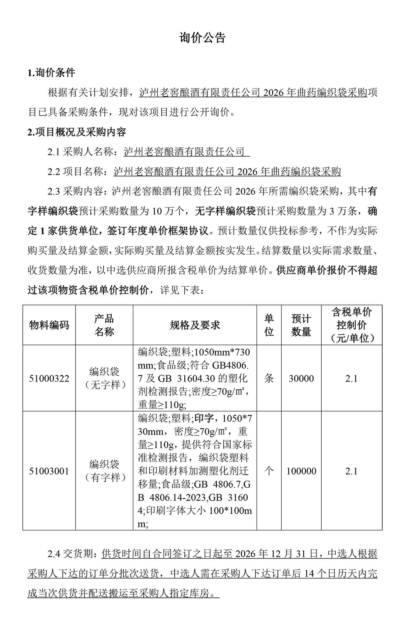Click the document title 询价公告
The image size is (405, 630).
point(202,38)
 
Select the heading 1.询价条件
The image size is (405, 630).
point(51,73)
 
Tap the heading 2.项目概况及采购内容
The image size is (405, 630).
point(77,132)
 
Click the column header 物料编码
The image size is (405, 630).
point(49,325)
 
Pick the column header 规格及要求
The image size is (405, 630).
point(195,325)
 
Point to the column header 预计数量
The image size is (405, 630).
point(301,325)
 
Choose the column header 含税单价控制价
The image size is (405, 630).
point(351,325)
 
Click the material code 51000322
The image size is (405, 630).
point(49,379)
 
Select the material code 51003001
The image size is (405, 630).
point(49,471)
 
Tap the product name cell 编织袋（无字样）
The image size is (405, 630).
point(104,379)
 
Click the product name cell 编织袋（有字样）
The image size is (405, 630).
point(104,471)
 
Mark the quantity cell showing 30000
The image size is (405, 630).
point(301,379)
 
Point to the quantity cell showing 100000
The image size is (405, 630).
point(301,471)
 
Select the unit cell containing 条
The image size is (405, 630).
point(269,379)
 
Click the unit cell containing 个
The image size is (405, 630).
point(269,471)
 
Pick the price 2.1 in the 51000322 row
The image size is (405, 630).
point(351,379)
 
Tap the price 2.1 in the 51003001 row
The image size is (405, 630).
point(351,471)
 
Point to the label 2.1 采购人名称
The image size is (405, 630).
point(83,152)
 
